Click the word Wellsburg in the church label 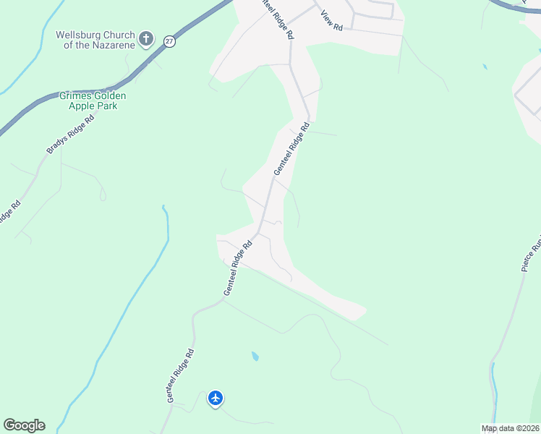[77, 34]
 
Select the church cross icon [146, 38]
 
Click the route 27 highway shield [169, 41]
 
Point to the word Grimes [76, 95]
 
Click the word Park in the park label [108, 106]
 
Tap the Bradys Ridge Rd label [70, 135]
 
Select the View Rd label [331, 21]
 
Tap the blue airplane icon [215, 398]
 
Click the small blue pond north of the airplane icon [255, 356]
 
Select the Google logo [24, 425]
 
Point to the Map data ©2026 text [510, 428]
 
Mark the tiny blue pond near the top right [484, 67]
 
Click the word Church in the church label [118, 34]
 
